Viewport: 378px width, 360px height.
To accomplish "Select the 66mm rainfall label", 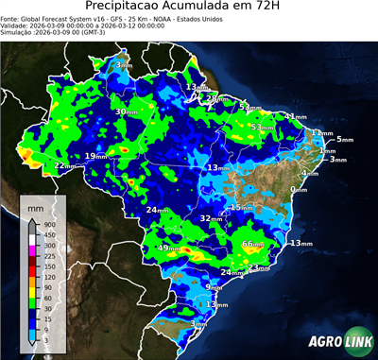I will point(252,245).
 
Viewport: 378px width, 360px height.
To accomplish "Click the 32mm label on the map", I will point(211,218).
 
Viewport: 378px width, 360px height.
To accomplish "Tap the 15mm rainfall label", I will point(243,207).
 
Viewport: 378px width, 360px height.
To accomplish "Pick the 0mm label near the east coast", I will point(299,190).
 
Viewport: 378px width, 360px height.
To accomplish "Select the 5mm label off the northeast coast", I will point(343,139).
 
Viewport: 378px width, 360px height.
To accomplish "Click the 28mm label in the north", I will point(216,98).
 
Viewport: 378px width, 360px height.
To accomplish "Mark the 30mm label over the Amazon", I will point(126,111).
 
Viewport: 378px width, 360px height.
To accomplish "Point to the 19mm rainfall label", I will point(96,156).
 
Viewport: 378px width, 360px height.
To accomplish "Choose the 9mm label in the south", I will point(214,286).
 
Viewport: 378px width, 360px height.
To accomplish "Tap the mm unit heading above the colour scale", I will point(36,206).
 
